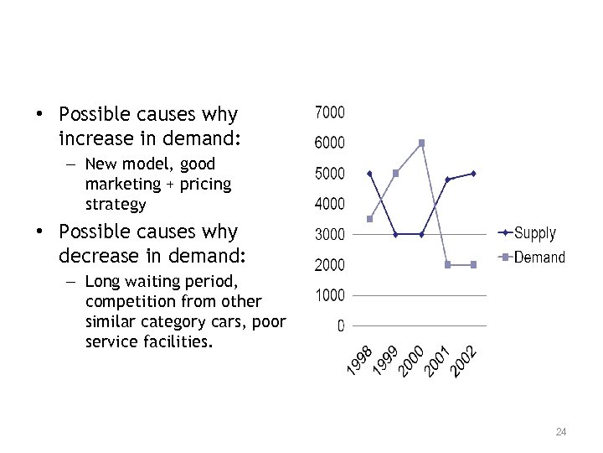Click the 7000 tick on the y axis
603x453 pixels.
[329, 112]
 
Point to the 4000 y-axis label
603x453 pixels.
[329, 204]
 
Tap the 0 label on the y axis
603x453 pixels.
[340, 326]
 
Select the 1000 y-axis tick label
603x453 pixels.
[329, 295]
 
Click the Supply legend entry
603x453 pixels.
[534, 232]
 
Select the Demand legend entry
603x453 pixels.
[539, 258]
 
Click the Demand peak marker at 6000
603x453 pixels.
[421, 143]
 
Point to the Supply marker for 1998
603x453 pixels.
[370, 174]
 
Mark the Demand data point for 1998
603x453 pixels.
[370, 219]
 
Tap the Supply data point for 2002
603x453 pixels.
[473, 174]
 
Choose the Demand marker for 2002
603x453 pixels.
[473, 264]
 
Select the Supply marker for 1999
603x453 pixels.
[396, 234]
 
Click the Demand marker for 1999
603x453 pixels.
[396, 174]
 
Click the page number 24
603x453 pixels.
[561, 432]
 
